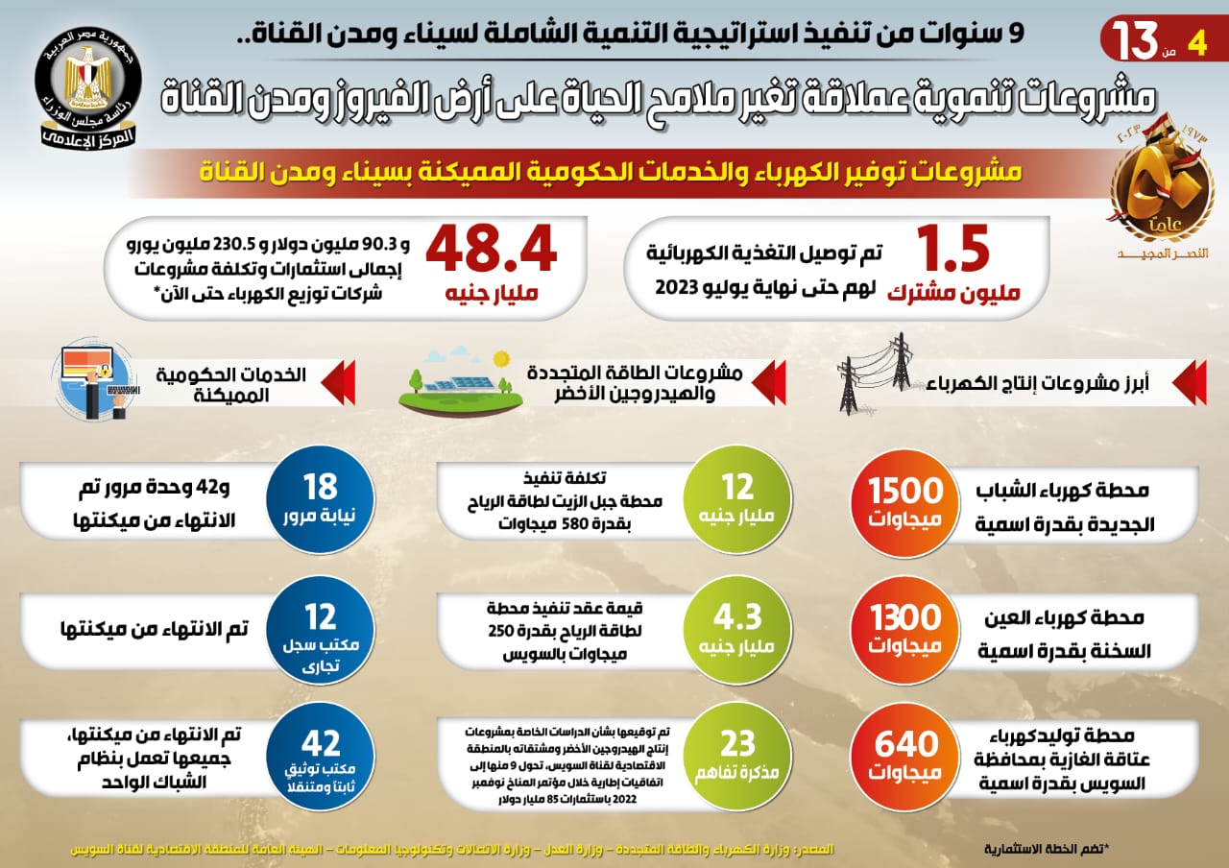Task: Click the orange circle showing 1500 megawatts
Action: click(905, 501)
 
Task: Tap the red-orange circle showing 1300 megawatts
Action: click(905, 629)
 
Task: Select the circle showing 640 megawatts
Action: click(905, 755)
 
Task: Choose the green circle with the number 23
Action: click(737, 755)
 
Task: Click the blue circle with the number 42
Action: click(321, 755)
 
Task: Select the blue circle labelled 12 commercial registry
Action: click(321, 629)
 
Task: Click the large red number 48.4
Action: click(491, 251)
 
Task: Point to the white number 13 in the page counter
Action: click(1139, 40)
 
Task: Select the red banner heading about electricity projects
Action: click(614, 173)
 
